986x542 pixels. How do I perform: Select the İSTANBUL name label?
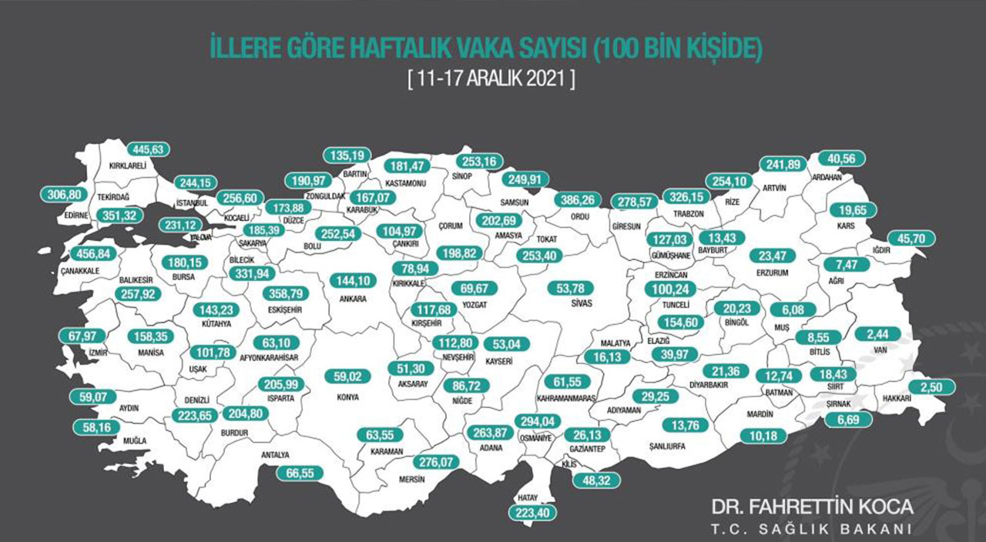coord(192,202)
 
